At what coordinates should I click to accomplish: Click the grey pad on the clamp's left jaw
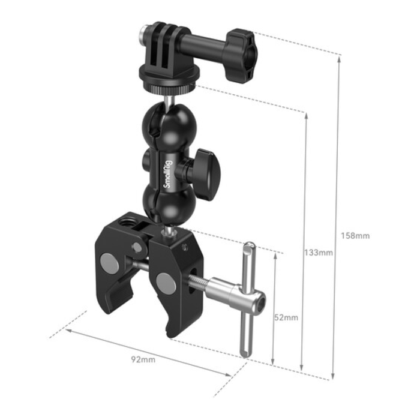point(110,262)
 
